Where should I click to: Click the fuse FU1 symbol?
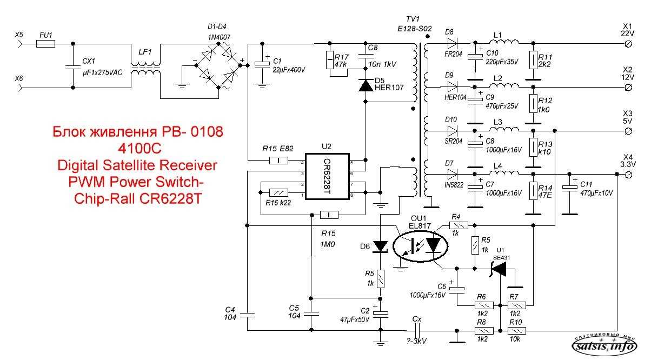click(45, 44)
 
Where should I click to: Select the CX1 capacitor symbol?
click(73, 67)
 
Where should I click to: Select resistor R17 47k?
click(330, 60)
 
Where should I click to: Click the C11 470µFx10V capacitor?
click(569, 188)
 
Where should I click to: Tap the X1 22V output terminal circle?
click(628, 44)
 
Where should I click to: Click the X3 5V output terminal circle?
click(628, 131)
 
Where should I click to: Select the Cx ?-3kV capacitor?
click(416, 330)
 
